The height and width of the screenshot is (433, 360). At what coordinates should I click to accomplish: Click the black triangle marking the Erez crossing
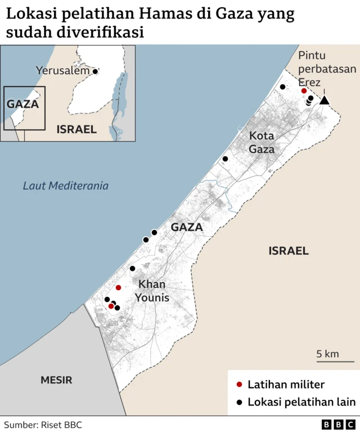[324, 100]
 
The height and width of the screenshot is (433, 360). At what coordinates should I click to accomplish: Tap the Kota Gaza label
[262, 142]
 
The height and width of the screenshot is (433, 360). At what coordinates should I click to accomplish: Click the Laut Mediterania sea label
[66, 186]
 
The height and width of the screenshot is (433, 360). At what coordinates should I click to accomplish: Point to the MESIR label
[56, 380]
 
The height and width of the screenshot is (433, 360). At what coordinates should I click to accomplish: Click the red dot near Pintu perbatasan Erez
[304, 91]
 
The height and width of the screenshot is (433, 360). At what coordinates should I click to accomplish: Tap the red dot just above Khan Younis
[118, 287]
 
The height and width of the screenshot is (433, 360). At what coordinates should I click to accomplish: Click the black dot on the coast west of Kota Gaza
[225, 159]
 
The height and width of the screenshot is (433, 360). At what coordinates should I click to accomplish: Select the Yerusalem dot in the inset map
[95, 71]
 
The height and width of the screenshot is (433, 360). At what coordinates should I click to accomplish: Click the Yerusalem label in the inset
[62, 71]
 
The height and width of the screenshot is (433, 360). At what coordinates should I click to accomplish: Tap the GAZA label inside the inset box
[22, 104]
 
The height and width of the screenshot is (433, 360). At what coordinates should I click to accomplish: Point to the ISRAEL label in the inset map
[76, 129]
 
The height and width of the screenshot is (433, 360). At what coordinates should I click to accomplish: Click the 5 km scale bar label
[327, 354]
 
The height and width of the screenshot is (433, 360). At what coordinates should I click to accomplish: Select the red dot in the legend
[239, 385]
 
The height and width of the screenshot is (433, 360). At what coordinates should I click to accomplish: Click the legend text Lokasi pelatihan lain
[301, 402]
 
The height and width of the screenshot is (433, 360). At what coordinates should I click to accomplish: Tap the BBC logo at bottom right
[338, 425]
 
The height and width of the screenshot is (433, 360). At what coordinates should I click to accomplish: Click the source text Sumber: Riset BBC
[43, 425]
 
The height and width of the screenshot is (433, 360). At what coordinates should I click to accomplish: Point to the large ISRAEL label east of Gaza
[289, 251]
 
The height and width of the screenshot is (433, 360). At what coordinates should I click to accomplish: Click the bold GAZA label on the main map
[186, 227]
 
